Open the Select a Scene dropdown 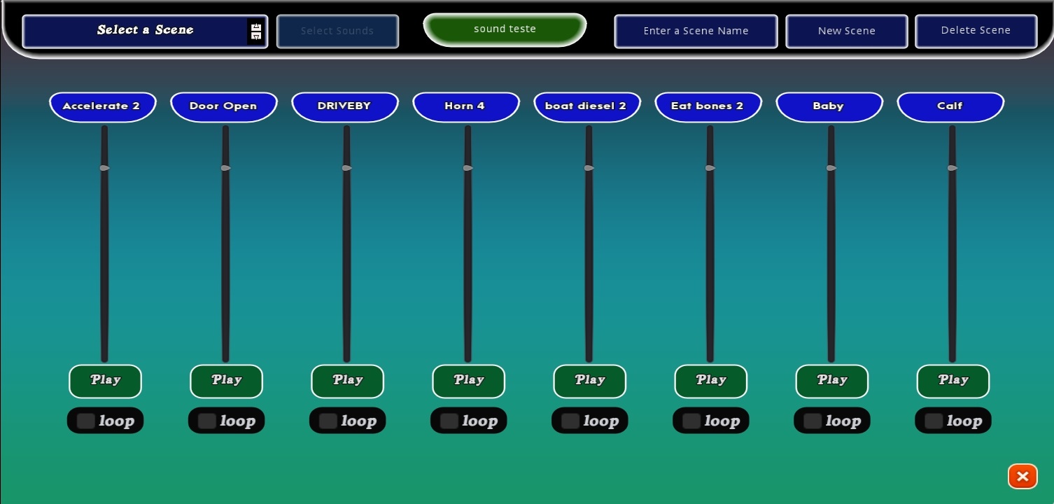pos(145,31)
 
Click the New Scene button pos(846,31)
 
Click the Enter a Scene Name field pos(696,31)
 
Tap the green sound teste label pos(505,29)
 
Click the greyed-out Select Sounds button pos(337,31)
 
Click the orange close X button pos(1022,477)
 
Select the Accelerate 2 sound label pos(102,106)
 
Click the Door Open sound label pos(223,106)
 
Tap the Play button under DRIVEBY pos(347,381)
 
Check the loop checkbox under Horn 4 pos(449,421)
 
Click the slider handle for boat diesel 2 pos(589,168)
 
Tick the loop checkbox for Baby pos(813,421)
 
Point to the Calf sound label pos(950,106)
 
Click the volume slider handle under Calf pos(953,168)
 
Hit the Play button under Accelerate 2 pos(105,381)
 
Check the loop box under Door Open pos(207,421)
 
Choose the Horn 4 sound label pos(465,106)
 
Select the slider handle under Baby pos(831,168)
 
